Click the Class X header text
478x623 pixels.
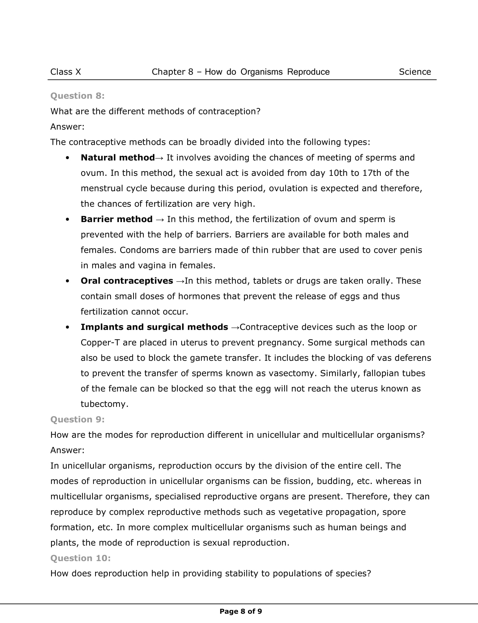click(x=66, y=72)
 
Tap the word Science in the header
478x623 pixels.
click(x=415, y=72)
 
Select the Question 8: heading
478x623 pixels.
click(x=77, y=96)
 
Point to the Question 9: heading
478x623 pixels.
click(x=77, y=419)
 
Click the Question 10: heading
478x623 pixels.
click(x=81, y=558)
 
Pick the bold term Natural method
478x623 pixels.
click(x=118, y=158)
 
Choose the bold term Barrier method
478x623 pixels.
click(x=116, y=219)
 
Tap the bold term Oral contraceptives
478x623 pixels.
click(x=127, y=281)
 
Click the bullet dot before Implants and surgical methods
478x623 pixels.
click(x=67, y=327)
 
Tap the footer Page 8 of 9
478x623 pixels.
click(x=241, y=611)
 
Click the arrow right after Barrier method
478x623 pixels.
click(x=160, y=220)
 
